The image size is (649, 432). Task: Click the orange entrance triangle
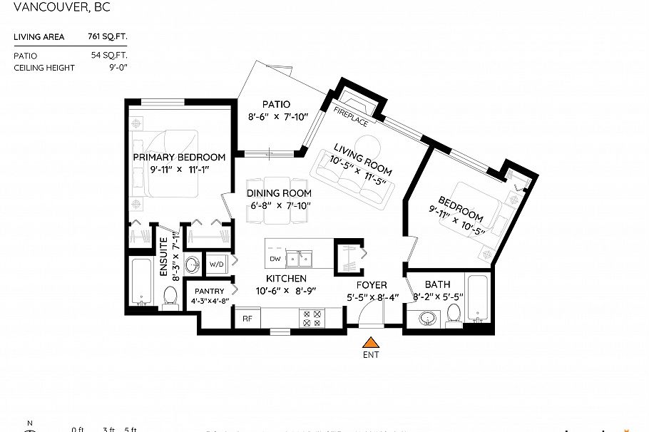click(x=370, y=342)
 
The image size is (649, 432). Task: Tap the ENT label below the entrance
click(x=370, y=355)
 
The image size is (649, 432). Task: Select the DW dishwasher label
click(x=275, y=258)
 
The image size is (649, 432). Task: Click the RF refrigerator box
click(x=247, y=319)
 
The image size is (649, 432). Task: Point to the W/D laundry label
click(x=217, y=264)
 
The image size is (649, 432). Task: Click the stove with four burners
click(x=312, y=317)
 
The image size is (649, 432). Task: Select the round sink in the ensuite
click(x=193, y=266)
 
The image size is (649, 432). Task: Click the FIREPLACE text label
click(x=351, y=115)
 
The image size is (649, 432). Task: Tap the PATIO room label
click(x=275, y=104)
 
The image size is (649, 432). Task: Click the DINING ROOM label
click(x=279, y=193)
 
